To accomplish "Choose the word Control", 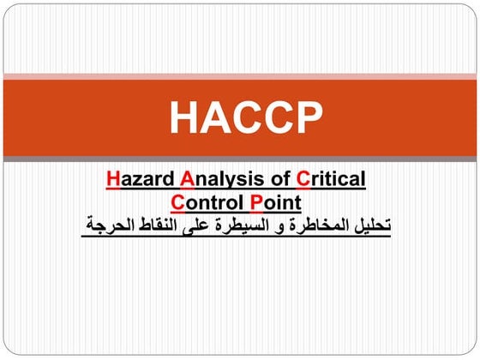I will pyautogui.click(x=208, y=203).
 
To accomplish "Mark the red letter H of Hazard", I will pyautogui.click(x=114, y=180).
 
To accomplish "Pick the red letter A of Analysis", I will pyautogui.click(x=187, y=180).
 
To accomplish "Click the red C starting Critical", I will pyautogui.click(x=303, y=180).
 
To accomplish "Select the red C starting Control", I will pyautogui.click(x=177, y=203).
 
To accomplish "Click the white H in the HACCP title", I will pyautogui.click(x=183, y=117).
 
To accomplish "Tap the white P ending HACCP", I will pyautogui.click(x=309, y=117).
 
